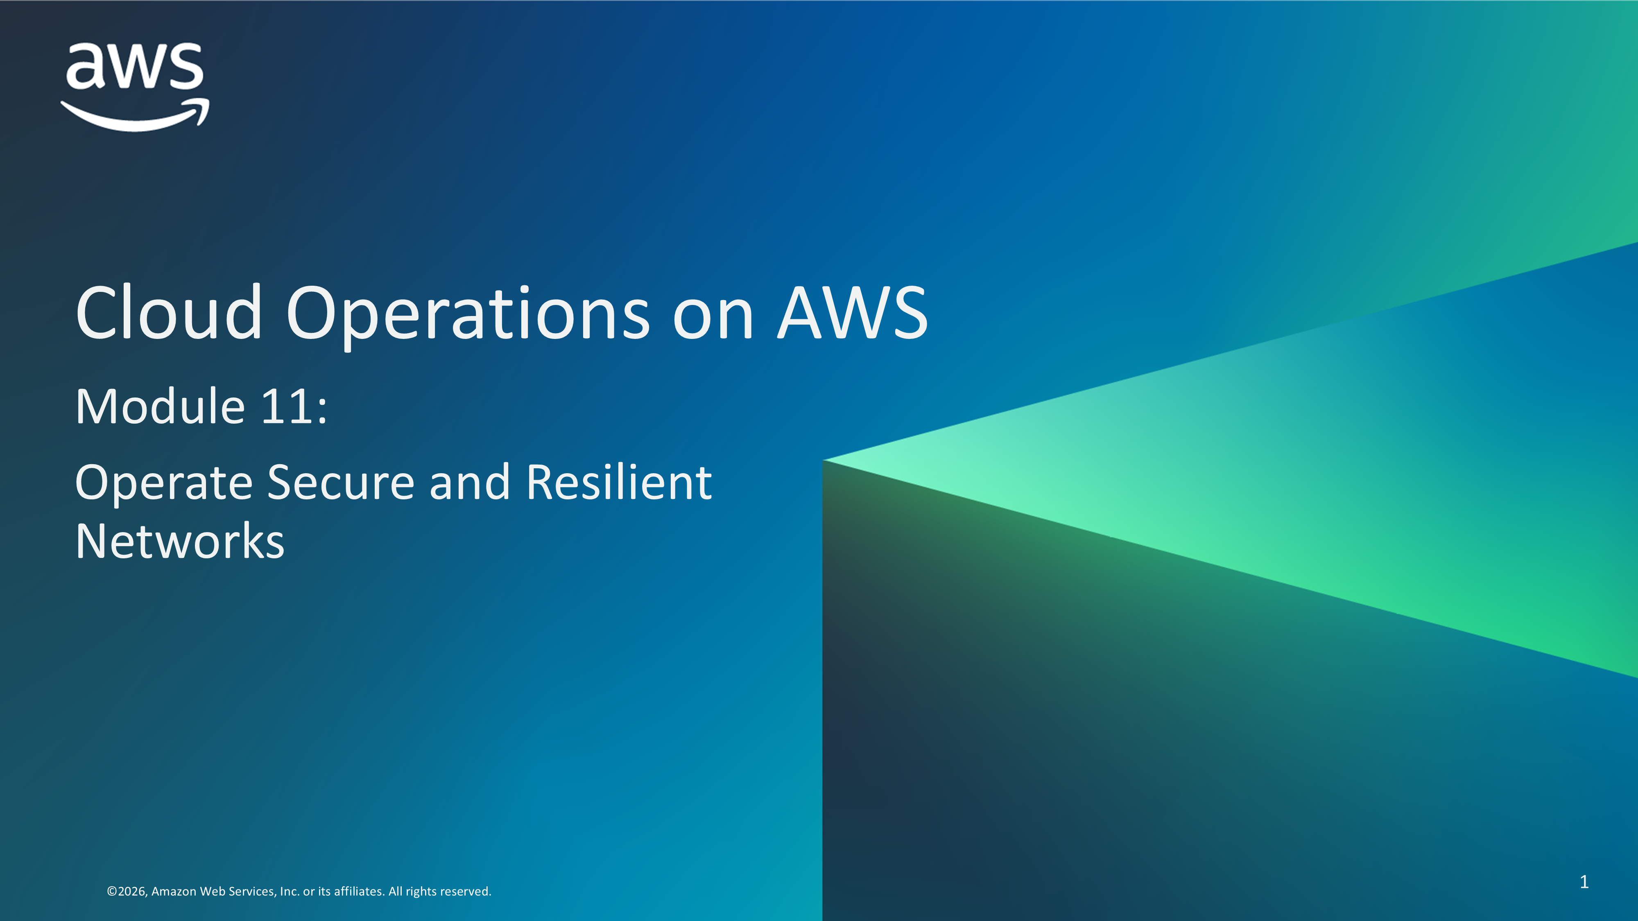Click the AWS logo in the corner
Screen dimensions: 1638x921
[135, 87]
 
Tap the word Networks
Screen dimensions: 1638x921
[180, 542]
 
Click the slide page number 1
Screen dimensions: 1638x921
[1584, 882]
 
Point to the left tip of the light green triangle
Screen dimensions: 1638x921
[824, 460]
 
